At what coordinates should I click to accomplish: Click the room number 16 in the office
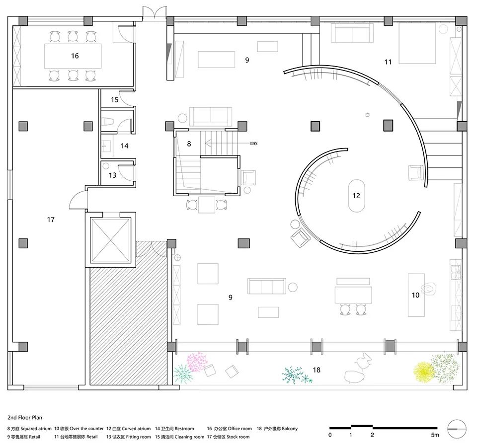coord(75,56)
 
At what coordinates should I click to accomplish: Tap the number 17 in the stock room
coord(51,220)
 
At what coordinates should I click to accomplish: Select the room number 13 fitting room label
coord(113,175)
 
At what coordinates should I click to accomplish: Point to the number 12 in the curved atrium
coord(356,196)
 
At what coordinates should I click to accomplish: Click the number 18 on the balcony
coord(317,370)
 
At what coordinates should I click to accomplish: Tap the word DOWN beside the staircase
coord(254,144)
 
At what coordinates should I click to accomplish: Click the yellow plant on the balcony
coord(423,372)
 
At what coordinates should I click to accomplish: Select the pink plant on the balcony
coord(197,362)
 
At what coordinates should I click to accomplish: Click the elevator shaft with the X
coord(110,240)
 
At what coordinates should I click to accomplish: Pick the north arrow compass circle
coord(457,429)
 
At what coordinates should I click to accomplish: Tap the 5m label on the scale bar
coord(435,435)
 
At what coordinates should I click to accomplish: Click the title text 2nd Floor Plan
coord(25,417)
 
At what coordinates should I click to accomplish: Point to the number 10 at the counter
coord(415,295)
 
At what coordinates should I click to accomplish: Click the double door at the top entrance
coord(155,14)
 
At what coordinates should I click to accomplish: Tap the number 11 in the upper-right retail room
coord(388,62)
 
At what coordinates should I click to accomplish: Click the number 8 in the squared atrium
coord(189,144)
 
